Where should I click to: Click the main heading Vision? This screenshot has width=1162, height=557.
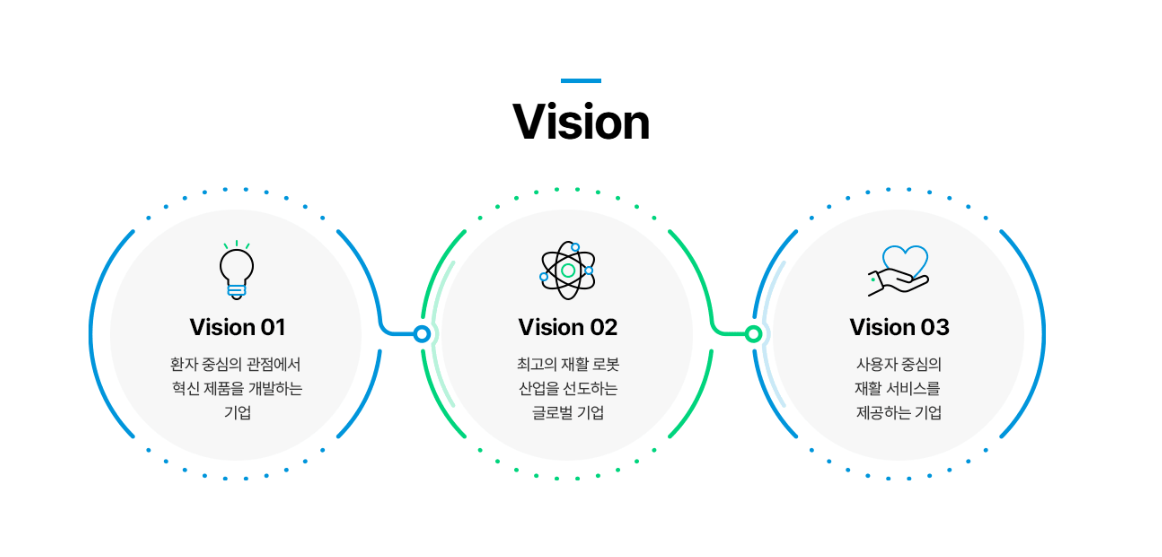pyautogui.click(x=581, y=122)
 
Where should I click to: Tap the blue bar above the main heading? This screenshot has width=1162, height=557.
pyautogui.click(x=581, y=81)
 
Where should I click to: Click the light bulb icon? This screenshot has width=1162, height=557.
pyautogui.click(x=236, y=270)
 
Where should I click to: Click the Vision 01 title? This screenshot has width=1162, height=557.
pyautogui.click(x=237, y=327)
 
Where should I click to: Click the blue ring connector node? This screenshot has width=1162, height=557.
pyautogui.click(x=422, y=334)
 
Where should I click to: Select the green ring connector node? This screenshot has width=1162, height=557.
pyautogui.click(x=753, y=334)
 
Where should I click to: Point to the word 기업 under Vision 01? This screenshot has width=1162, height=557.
pyautogui.click(x=237, y=412)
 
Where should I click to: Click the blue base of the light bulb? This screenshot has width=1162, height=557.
pyautogui.click(x=236, y=291)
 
